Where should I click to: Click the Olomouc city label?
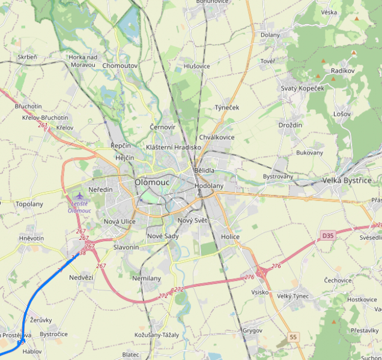click(153, 182)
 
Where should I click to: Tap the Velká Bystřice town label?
click(347, 180)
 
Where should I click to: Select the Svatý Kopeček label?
click(302, 88)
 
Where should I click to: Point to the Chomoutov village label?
click(120, 65)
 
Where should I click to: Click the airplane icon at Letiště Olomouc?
click(80, 196)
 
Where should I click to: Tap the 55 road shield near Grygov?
click(293, 337)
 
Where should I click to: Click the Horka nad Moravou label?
click(83, 61)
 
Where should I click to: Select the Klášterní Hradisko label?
click(174, 147)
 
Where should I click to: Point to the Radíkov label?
click(343, 71)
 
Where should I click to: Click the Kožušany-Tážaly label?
click(157, 334)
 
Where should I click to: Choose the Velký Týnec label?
click(293, 296)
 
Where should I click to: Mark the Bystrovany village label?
click(277, 176)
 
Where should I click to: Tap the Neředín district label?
click(100, 190)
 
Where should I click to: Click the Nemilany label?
click(146, 278)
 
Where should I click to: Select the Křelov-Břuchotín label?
click(45, 118)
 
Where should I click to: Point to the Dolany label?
click(270, 35)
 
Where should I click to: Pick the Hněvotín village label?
click(31, 238)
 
